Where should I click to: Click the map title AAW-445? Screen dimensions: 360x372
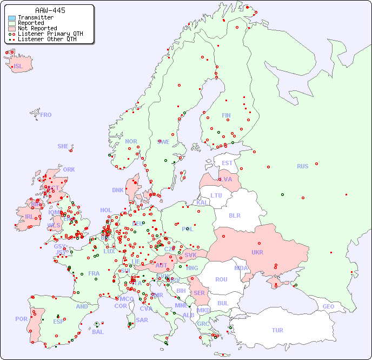point(50,10)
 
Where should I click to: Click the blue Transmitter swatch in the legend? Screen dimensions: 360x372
point(12,18)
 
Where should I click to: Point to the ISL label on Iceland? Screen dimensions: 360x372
point(18,67)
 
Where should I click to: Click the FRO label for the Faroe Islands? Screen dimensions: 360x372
point(46,115)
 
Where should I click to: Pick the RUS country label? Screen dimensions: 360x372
point(302,166)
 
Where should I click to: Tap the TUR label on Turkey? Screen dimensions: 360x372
point(277,330)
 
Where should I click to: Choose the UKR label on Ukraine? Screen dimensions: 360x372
point(257,252)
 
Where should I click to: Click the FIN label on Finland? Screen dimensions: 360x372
point(226,115)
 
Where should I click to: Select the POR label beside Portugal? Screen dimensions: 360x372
point(21,319)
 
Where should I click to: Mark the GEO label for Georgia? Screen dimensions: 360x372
point(328,306)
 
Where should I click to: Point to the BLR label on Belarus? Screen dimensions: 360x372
point(235,215)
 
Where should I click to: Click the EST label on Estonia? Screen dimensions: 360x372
point(227,163)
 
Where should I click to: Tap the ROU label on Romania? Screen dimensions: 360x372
point(221,279)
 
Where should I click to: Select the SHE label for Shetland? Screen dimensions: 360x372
point(63,146)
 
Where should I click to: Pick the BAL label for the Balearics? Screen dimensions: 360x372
point(98,332)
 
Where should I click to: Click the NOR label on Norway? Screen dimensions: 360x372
point(131,141)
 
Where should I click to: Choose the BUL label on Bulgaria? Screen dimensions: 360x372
point(223,303)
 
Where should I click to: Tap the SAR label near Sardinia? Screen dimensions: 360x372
point(142,319)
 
